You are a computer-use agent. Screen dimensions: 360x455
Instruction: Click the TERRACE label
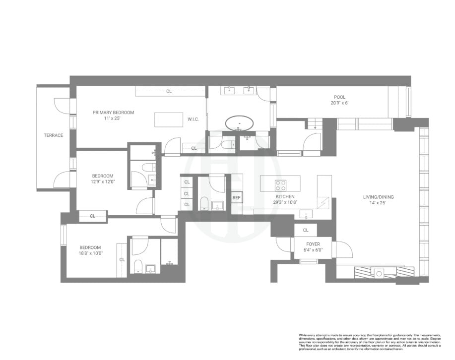[x=53, y=135]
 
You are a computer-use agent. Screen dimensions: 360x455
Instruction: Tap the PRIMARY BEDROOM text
[x=113, y=113]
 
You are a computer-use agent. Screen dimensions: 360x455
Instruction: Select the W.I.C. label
[x=193, y=119]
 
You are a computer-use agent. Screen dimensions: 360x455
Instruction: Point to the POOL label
[x=340, y=97]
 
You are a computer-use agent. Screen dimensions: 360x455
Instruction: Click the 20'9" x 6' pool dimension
[x=340, y=103]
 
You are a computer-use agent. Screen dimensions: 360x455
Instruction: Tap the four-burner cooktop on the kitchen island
[x=281, y=185]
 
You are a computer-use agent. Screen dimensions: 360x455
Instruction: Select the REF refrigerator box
[x=237, y=198]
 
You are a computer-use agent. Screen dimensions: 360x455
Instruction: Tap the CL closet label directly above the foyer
[x=306, y=230]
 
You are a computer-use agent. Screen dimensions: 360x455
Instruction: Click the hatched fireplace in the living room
[x=384, y=272]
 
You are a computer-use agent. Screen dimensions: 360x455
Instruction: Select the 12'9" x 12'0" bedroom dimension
[x=103, y=181]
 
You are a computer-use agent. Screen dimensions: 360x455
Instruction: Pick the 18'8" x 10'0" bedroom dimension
[x=90, y=253]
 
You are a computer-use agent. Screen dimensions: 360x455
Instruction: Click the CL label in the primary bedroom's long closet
[x=169, y=91]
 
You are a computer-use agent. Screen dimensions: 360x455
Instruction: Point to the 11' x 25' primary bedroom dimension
[x=113, y=119]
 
